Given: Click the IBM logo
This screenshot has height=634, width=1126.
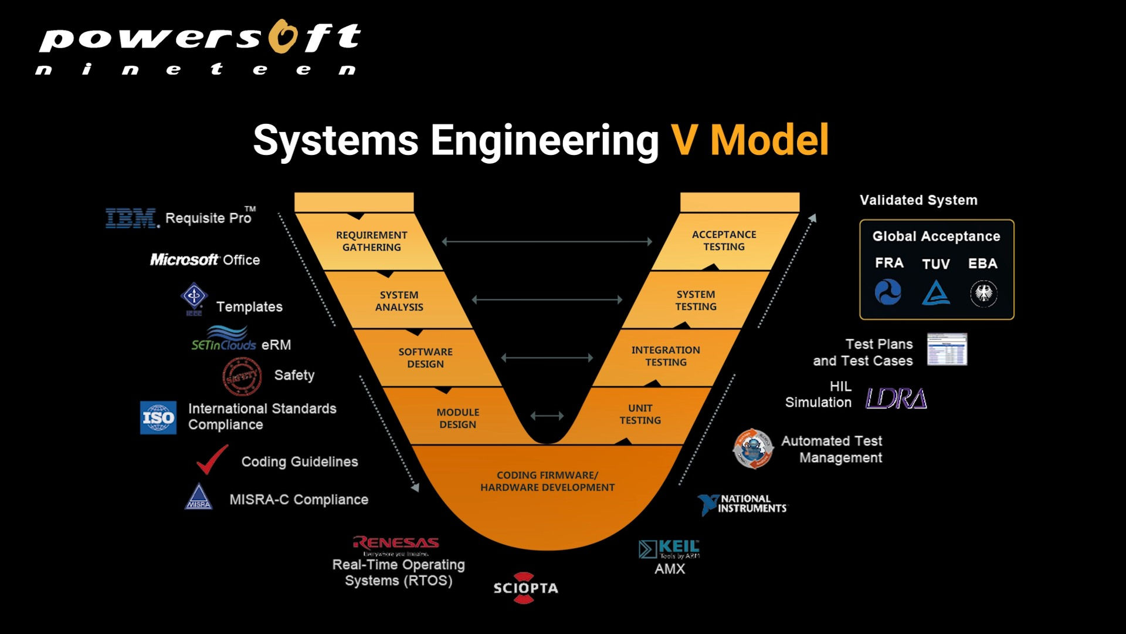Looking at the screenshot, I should click(x=132, y=218).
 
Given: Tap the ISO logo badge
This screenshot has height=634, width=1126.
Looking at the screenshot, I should click(x=158, y=417).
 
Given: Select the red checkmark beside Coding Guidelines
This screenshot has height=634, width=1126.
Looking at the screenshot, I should click(x=212, y=459).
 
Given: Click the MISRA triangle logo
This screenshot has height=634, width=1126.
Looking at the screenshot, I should click(x=198, y=497).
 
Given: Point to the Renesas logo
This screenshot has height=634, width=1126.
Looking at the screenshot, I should click(x=396, y=543).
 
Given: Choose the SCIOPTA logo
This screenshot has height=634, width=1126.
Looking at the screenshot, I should click(x=525, y=588).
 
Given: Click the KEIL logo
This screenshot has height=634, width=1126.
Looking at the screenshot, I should click(x=669, y=549).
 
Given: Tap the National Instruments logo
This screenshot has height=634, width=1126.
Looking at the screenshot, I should click(x=743, y=504).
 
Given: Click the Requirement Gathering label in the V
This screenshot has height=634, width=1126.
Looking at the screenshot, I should click(x=371, y=241).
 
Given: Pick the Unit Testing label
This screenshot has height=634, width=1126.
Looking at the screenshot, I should click(x=640, y=414).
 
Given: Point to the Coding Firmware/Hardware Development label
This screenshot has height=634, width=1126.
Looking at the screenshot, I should click(x=547, y=481).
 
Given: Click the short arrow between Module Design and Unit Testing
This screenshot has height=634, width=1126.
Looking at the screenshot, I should click(x=547, y=416).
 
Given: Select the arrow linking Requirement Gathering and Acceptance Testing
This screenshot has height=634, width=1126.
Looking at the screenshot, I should click(x=547, y=241).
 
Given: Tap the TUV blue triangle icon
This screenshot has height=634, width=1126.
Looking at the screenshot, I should click(x=935, y=292).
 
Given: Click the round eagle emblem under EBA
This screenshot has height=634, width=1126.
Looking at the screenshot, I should click(x=983, y=293).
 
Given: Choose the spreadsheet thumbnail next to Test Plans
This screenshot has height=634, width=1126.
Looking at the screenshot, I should click(x=947, y=349).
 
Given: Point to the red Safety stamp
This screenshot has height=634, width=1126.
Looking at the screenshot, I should click(x=242, y=376).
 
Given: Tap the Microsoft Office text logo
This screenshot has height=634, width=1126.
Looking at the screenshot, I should click(x=205, y=259).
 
